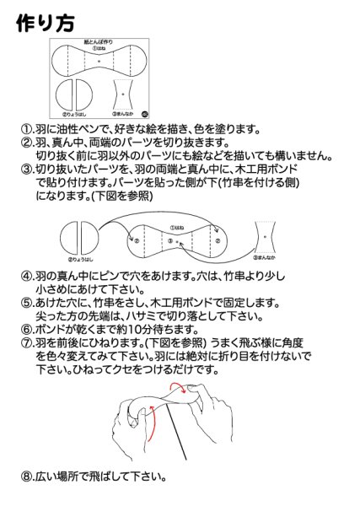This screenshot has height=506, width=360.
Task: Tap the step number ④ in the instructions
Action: (x=27, y=276)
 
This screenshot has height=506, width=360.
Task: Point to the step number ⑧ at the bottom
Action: (x=27, y=476)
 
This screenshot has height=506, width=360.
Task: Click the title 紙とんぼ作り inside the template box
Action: (x=99, y=42)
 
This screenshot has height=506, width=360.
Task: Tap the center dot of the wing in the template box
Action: (x=99, y=62)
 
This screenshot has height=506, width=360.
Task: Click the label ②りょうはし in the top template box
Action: (x=75, y=113)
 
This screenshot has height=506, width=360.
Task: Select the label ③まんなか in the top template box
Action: (x=125, y=113)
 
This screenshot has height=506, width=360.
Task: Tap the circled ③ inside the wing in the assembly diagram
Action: (x=171, y=241)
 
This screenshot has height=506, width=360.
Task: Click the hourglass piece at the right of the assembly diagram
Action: (x=266, y=240)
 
